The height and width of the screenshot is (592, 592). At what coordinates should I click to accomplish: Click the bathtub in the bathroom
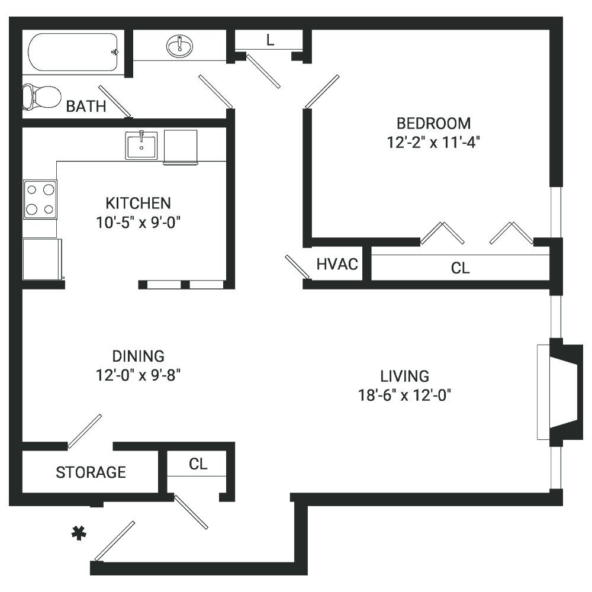pos(73,52)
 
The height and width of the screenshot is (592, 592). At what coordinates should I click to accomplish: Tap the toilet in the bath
pos(41,96)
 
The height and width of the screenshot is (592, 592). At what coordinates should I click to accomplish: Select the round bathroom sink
pos(179,46)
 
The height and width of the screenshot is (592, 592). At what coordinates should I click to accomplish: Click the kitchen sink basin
pos(141,146)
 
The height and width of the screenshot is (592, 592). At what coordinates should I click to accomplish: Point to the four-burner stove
pos(40,200)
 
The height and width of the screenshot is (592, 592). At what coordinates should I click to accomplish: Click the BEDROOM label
pos(433,124)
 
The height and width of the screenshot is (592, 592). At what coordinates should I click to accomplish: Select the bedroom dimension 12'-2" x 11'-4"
pos(433,143)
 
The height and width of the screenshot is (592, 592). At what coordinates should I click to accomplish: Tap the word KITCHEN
pos(138,203)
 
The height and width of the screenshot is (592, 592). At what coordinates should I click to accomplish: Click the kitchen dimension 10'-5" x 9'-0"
pos(138,223)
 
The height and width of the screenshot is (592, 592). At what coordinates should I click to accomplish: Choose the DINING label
pos(138,356)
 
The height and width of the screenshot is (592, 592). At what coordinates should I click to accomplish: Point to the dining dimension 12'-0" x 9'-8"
pos(138,375)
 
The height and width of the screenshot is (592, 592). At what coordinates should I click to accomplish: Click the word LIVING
pos(404,376)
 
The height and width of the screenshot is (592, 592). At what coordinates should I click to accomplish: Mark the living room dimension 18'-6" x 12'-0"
pos(404,395)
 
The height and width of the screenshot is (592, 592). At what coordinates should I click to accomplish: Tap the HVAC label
pos(337,264)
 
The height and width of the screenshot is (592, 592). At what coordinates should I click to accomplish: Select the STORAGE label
pos(91,472)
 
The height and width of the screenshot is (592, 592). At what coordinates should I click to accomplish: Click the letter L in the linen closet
pos(270,40)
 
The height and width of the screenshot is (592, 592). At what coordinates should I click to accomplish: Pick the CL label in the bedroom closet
pos(460,268)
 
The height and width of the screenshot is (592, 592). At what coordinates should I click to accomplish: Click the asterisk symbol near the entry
pos(79,533)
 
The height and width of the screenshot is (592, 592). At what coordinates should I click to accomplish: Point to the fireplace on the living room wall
pos(560,392)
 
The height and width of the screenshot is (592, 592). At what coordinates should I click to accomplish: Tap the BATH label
pos(86,107)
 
